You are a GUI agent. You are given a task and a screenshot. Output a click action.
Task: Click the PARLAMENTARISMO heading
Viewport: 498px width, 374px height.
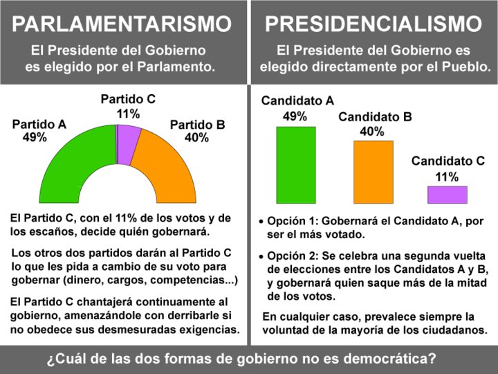pos(122,24)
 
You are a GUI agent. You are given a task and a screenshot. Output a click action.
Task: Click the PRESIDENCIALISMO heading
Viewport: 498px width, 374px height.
pos(373,24)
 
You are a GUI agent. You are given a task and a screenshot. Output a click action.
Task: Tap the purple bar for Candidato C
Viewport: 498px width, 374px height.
pos(447,195)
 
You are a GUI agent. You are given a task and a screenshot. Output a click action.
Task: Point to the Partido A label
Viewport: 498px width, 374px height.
pos(39,125)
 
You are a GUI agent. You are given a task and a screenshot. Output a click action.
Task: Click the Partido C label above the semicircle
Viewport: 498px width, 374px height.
pos(128,99)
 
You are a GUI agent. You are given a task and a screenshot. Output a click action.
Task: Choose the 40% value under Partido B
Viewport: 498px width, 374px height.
pos(196,138)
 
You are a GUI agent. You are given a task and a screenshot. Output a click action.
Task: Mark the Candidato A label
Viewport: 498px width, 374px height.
pos(297,101)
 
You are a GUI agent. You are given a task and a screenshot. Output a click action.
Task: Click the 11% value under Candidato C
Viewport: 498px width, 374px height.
pos(447,177)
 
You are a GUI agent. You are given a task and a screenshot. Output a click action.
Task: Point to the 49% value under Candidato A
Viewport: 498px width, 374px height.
pos(295,116)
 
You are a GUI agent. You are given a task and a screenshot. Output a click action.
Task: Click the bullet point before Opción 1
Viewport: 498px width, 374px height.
pos(261,224)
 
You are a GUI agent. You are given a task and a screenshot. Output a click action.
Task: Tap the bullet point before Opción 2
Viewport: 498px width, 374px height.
pos(261,256)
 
